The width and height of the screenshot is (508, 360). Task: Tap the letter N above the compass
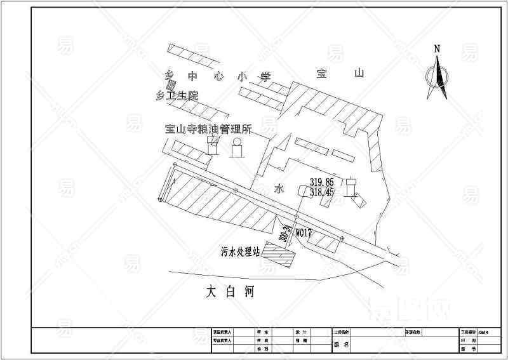(x=437, y=49)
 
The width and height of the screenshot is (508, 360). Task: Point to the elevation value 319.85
(x=321, y=183)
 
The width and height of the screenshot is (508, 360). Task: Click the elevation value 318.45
(x=321, y=192)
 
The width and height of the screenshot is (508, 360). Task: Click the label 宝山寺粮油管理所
(x=208, y=129)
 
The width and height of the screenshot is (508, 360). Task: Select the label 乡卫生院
(x=177, y=97)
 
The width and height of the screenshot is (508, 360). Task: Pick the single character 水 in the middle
(x=278, y=189)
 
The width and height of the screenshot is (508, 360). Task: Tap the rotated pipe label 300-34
(x=285, y=232)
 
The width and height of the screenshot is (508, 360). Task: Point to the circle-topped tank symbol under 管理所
(x=237, y=149)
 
